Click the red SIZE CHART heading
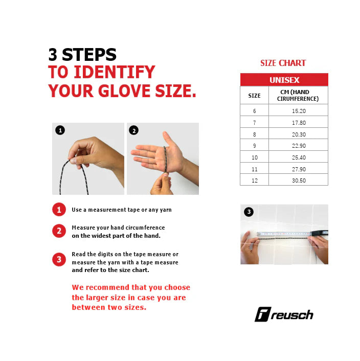tap(283, 63)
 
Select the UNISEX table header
tap(284, 80)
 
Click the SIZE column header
tap(254, 96)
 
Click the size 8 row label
tap(254, 134)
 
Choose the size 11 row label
tap(254, 169)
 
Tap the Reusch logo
tap(284, 314)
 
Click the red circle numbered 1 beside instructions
tap(59, 210)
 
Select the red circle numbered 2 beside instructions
tap(59, 231)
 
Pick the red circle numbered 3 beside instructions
tap(59, 260)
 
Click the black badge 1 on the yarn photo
tap(60, 130)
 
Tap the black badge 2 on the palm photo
tap(134, 130)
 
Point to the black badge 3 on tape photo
tap(249, 212)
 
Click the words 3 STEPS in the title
tap(82, 55)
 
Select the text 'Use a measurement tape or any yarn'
tap(122, 210)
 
